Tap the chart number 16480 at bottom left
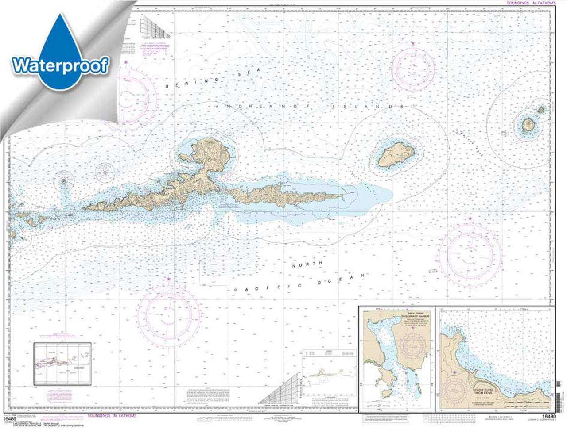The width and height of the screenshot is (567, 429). [x=9, y=417]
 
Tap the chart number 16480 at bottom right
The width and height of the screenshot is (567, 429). [x=548, y=417]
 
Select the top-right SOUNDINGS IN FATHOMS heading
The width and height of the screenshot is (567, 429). [x=531, y=3]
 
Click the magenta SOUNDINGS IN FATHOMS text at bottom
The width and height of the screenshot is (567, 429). [x=112, y=416]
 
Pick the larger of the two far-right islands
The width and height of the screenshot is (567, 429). [x=528, y=125]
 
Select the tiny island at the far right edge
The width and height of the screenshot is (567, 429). [x=541, y=109]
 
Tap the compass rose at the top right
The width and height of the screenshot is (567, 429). [x=413, y=68]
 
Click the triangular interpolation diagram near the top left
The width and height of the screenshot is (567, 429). [x=155, y=27]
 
